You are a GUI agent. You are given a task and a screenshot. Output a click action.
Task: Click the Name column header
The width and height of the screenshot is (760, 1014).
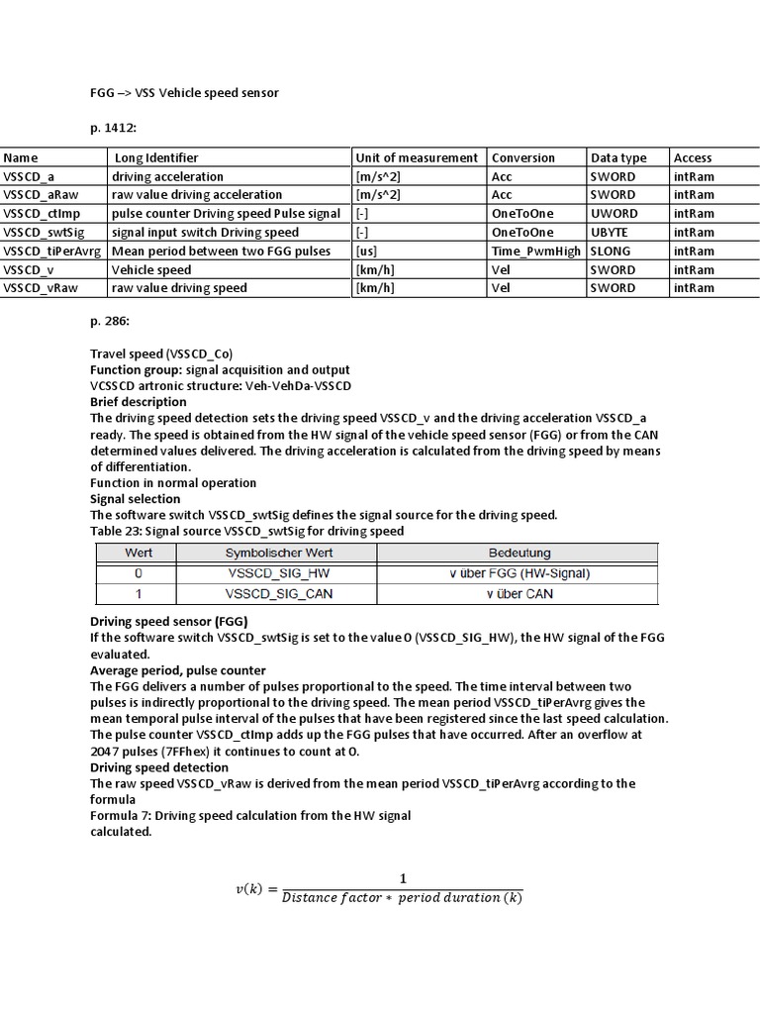pos(21,157)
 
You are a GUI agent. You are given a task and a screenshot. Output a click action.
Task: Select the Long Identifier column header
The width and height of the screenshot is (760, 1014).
pos(156,157)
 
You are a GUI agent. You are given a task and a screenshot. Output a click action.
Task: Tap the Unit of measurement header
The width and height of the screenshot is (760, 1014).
pos(417,157)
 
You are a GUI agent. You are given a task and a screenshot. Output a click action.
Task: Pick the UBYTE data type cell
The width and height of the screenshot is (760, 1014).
pos(612,232)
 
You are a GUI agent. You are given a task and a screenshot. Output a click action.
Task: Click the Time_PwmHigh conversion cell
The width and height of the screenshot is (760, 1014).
pos(537,251)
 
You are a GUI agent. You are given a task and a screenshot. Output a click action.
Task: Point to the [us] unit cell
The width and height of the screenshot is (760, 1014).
pos(366,251)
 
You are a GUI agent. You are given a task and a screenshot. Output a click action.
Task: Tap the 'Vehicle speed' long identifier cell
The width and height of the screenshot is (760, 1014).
pos(151,269)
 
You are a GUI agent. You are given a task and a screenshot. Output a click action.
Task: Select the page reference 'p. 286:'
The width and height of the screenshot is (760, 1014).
pos(111,322)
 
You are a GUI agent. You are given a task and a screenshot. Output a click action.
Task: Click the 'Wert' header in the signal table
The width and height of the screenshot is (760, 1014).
pos(139,553)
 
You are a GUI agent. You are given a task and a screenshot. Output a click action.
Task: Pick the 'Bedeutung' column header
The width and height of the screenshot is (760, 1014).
pos(520,553)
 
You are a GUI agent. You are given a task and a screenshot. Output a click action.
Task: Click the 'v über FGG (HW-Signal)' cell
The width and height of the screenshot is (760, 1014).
pos(520,573)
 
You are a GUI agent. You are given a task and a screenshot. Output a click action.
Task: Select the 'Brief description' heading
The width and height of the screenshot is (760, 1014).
pos(139,402)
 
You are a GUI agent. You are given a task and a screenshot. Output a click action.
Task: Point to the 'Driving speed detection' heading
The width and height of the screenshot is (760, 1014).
pos(159,767)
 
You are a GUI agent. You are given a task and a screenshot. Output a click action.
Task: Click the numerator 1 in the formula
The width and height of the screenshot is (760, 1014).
pos(403,878)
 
